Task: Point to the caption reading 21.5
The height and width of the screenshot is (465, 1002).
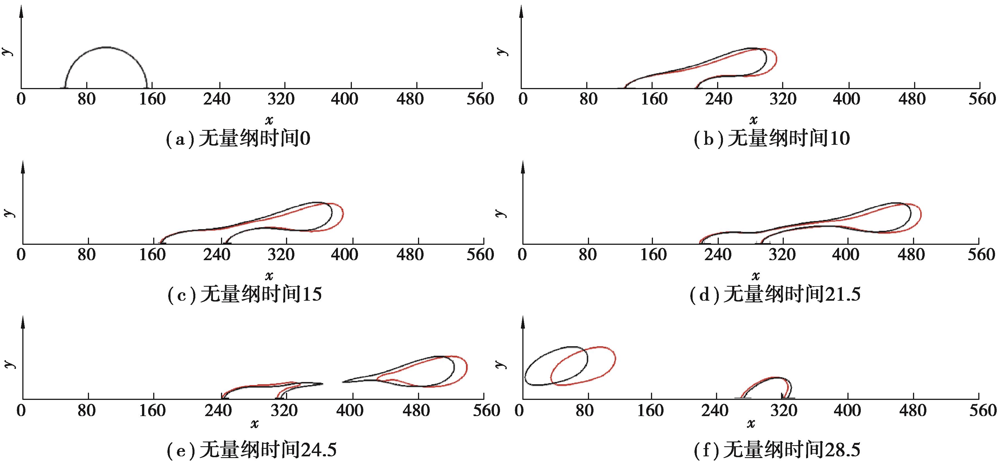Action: [775, 295]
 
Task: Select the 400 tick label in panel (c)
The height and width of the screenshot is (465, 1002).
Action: [345, 255]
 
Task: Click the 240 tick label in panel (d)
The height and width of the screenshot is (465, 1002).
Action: [718, 255]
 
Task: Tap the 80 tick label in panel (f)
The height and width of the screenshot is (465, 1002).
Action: [585, 411]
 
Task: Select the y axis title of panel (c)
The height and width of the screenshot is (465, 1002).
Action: [9, 213]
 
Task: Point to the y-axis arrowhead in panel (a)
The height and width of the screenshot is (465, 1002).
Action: [21, 12]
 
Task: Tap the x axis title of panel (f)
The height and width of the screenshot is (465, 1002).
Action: [751, 423]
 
